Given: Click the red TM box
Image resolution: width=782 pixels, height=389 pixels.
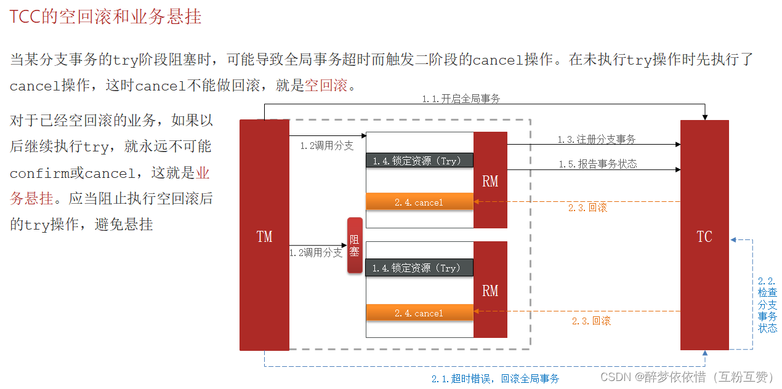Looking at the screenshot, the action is (264, 235).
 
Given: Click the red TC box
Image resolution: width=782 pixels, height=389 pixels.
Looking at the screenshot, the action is (704, 235).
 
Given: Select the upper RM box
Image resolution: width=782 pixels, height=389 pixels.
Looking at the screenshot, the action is (490, 180).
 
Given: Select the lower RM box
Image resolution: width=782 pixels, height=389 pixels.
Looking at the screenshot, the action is (490, 289).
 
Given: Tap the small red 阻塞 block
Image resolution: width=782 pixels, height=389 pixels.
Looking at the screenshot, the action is (355, 245).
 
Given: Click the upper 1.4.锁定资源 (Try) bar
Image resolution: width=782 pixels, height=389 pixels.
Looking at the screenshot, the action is (420, 161).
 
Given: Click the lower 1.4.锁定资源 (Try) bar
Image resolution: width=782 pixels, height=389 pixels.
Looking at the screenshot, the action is (420, 268).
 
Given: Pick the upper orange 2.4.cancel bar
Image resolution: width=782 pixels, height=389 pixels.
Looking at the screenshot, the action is (420, 202).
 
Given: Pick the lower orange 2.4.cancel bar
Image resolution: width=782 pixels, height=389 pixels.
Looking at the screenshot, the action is (420, 313).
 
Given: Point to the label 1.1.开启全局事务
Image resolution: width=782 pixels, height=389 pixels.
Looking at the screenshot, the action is (461, 98).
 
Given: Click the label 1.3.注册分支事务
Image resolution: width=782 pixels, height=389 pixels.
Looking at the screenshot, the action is (597, 140).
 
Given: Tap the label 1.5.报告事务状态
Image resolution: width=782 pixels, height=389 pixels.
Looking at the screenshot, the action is (597, 164).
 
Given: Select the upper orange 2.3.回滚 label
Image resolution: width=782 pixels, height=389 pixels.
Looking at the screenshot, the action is (587, 208).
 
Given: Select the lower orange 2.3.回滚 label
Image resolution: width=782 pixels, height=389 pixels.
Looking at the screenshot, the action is (591, 321).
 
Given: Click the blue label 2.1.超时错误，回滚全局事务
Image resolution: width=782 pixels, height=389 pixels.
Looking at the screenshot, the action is (495, 379).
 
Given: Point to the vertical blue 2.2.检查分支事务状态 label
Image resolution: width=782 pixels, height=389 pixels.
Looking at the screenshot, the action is (768, 305).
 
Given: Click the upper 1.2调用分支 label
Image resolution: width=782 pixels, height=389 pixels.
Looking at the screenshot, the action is (326, 146).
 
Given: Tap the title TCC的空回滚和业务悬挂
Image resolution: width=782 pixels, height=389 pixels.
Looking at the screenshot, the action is (105, 17).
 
